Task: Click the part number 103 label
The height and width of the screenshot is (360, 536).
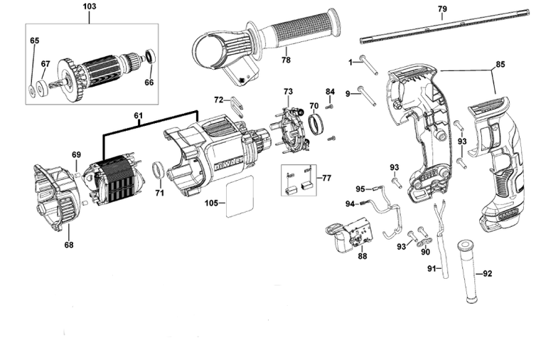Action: pyautogui.click(x=90, y=8)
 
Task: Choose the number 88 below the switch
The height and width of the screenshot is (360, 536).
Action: pyautogui.click(x=362, y=256)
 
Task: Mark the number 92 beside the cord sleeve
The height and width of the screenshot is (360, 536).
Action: pyautogui.click(x=487, y=273)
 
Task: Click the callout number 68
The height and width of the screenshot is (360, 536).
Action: pyautogui.click(x=68, y=245)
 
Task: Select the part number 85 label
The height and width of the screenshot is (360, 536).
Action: pyautogui.click(x=500, y=65)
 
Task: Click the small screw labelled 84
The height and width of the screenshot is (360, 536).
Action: pyautogui.click(x=330, y=107)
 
